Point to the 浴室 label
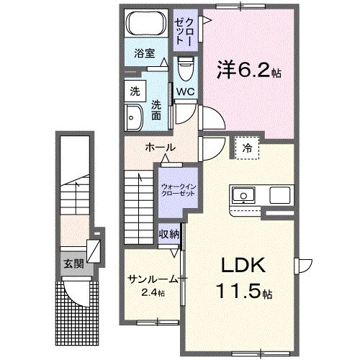tap(145, 53)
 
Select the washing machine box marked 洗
tap(135, 91)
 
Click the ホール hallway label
tap(160, 148)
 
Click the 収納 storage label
tap(170, 234)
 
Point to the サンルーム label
tap(150, 279)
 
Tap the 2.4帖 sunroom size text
tap(152, 292)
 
